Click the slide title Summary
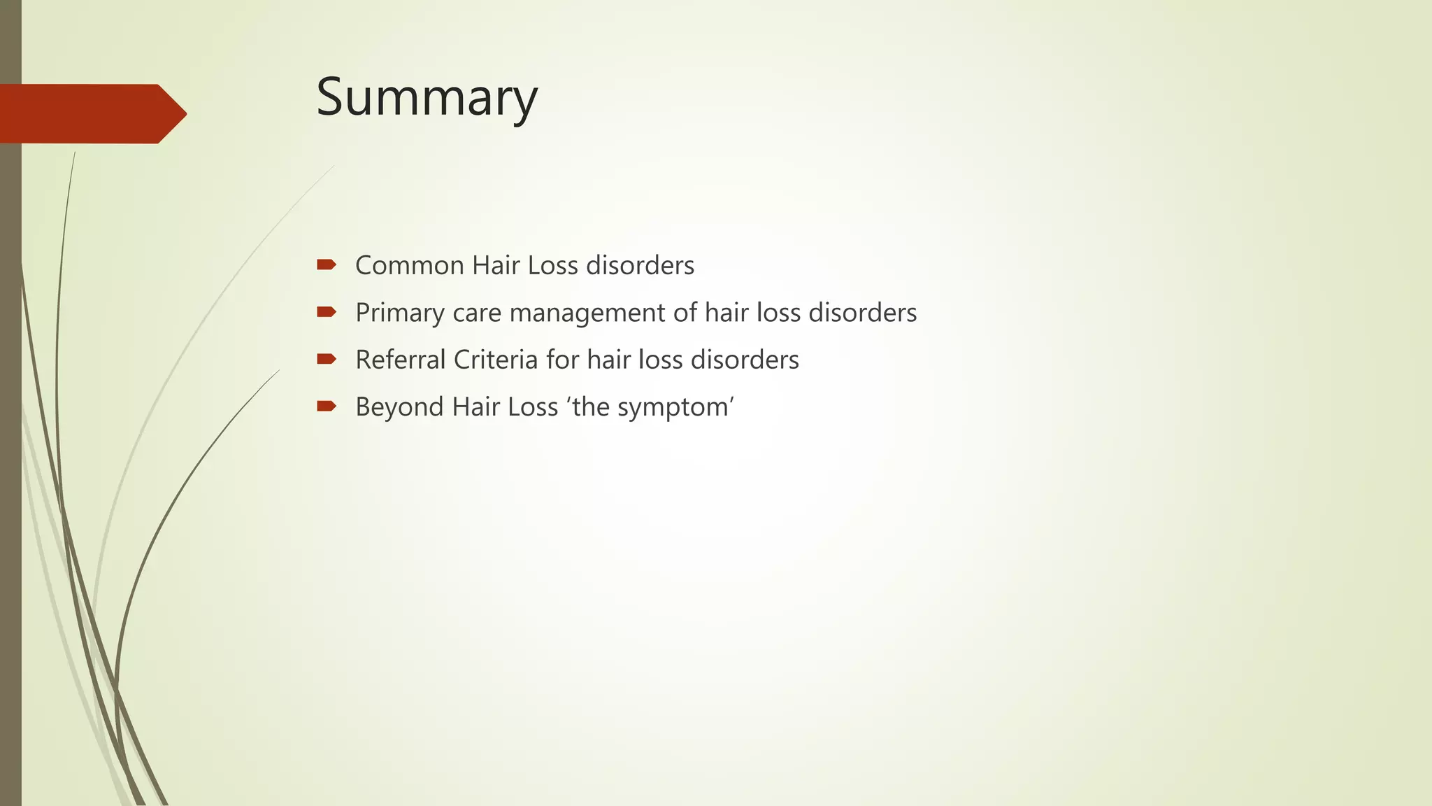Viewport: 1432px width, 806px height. pos(427,97)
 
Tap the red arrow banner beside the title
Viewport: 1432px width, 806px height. pos(91,113)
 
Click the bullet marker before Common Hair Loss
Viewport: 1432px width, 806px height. pos(327,264)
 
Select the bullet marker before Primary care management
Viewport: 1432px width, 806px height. pos(327,312)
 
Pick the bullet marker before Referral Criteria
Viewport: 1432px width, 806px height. pos(327,359)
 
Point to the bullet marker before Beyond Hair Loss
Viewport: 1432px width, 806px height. pos(327,406)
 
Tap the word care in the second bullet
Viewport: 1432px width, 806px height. pos(477,313)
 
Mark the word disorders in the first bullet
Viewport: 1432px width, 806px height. pos(640,266)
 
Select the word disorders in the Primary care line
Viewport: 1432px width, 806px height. pos(862,313)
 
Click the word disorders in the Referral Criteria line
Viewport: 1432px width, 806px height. pos(745,360)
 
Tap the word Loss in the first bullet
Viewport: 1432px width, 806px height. pos(552,266)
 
